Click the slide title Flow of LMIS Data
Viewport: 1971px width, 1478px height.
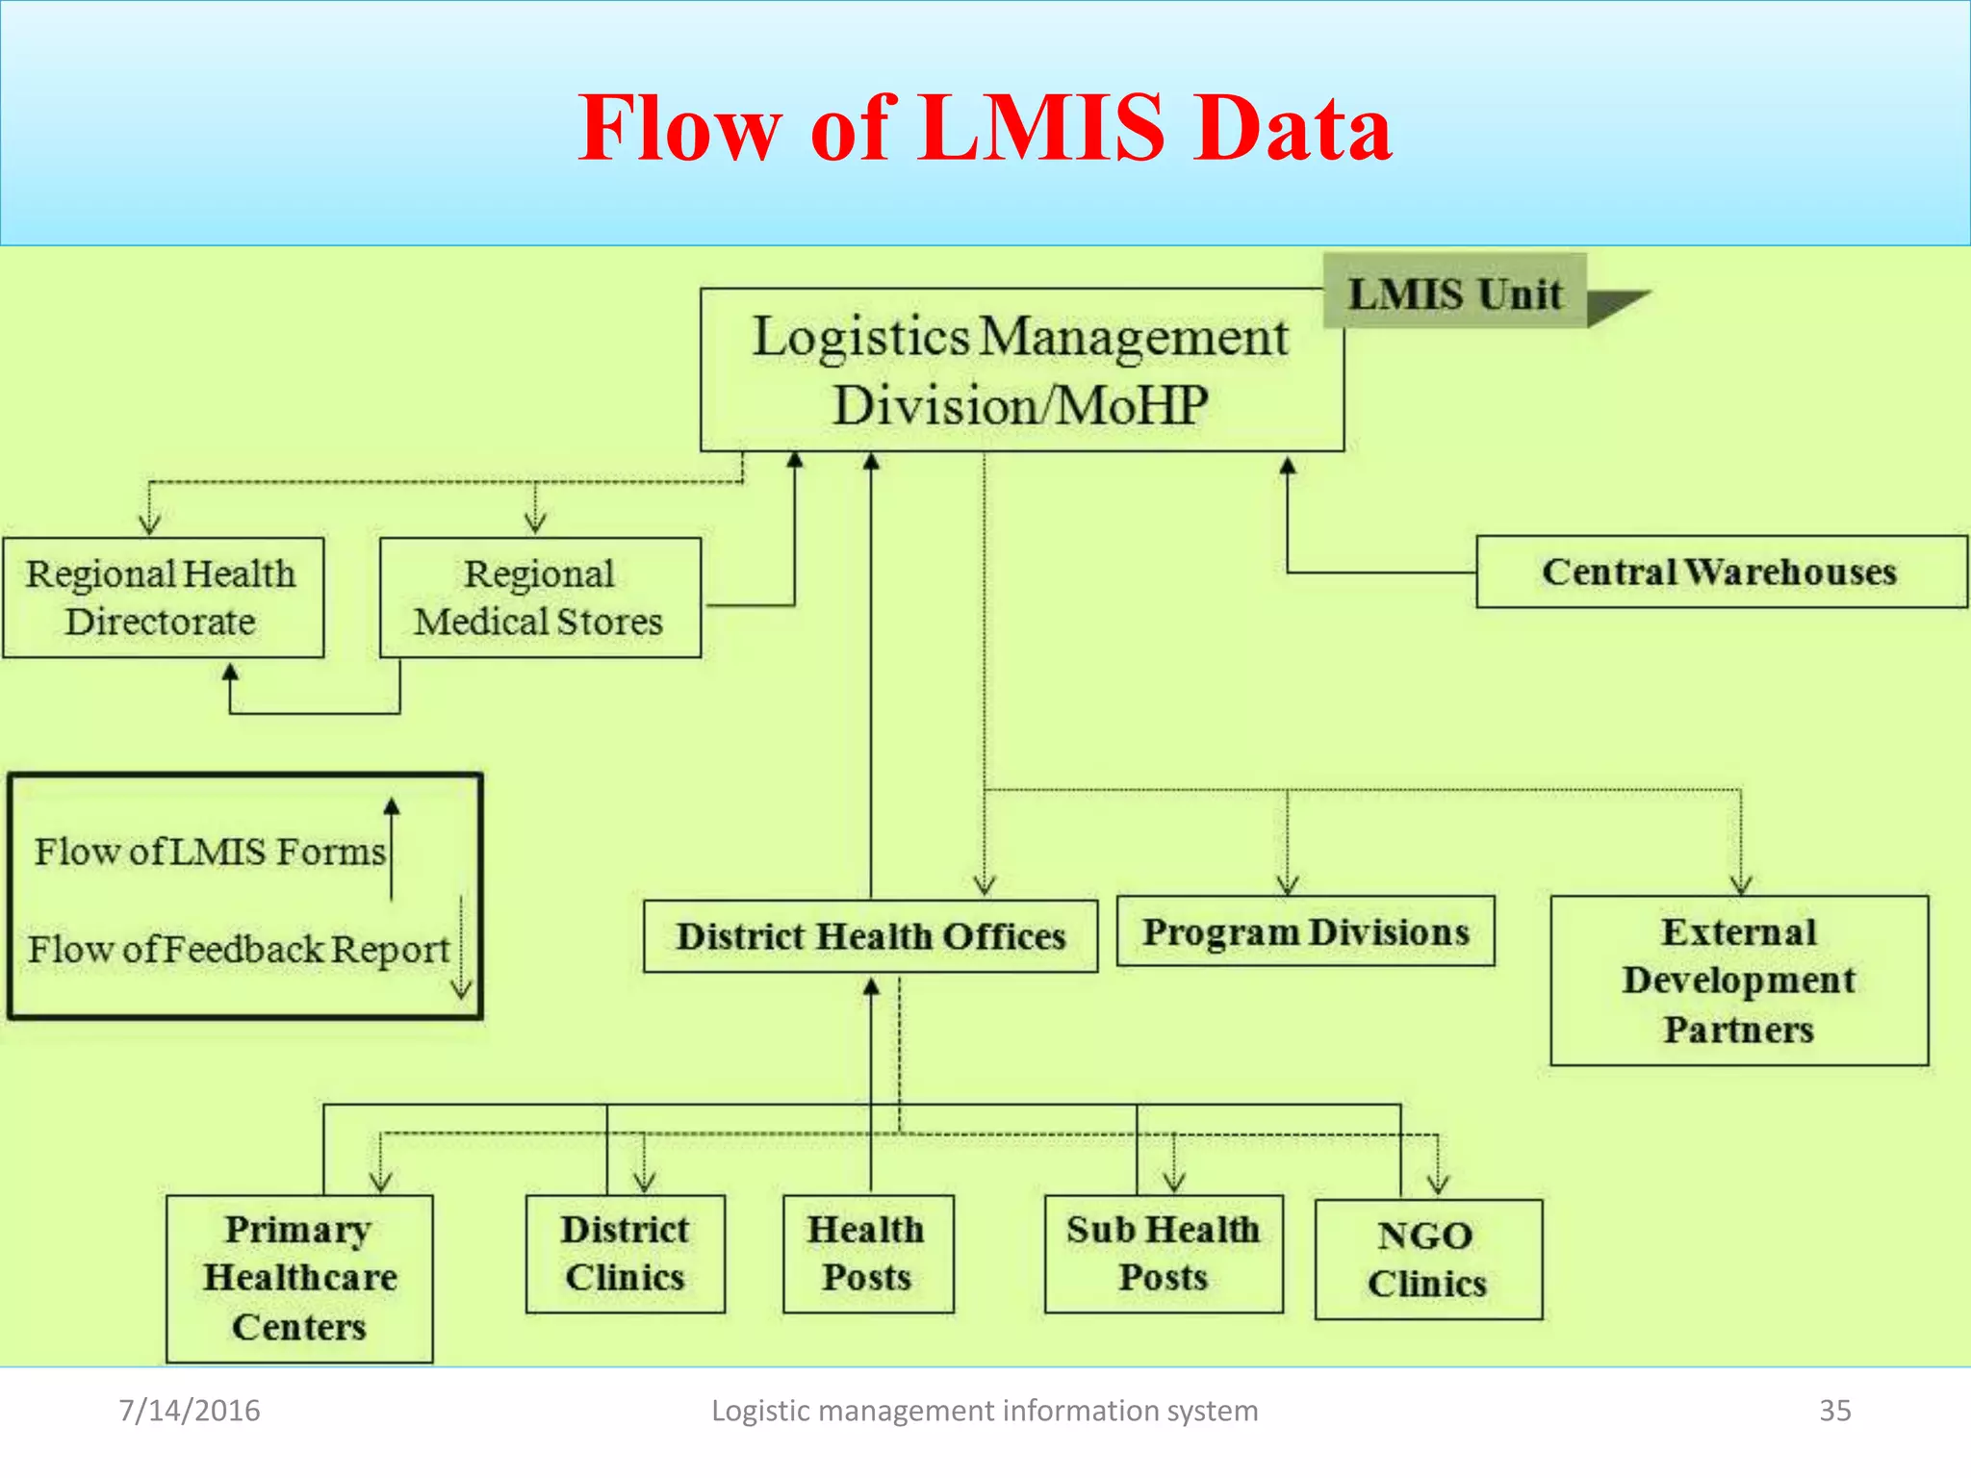click(985, 128)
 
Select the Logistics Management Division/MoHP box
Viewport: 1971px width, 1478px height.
click(1021, 370)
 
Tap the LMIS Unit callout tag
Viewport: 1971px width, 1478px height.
click(1454, 293)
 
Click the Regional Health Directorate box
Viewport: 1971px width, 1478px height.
click(163, 598)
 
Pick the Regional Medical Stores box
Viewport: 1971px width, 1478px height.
click(540, 598)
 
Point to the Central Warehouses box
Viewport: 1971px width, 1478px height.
click(1720, 572)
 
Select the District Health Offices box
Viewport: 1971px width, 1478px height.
click(870, 936)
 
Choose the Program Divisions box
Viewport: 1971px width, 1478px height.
click(1305, 931)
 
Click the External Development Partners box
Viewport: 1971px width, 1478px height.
click(1738, 981)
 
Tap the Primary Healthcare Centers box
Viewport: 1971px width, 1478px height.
click(299, 1278)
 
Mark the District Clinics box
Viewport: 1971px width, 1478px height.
click(625, 1254)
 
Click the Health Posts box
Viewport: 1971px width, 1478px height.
click(867, 1254)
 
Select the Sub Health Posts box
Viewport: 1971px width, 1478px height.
click(1163, 1254)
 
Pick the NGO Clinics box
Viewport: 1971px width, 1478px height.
click(1427, 1260)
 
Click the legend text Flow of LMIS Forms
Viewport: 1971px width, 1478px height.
click(210, 852)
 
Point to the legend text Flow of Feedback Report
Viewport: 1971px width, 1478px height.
click(239, 949)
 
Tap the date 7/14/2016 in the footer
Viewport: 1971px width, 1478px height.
click(190, 1411)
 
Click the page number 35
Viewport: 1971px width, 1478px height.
click(1834, 1411)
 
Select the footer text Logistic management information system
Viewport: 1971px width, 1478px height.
click(985, 1411)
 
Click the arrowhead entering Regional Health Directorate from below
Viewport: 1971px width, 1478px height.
click(230, 673)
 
